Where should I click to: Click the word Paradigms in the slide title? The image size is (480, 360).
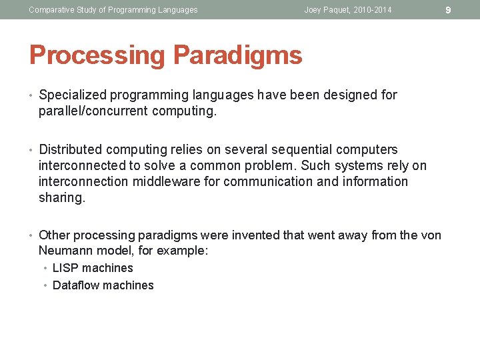tap(238, 55)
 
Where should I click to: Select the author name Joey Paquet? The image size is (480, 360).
tap(327, 10)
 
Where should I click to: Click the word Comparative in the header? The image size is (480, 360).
tap(50, 10)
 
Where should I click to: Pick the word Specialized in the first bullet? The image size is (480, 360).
tap(72, 95)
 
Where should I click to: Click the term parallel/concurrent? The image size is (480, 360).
tap(93, 111)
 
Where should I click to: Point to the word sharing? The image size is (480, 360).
tap(62, 197)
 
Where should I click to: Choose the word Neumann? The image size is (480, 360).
tap(65, 251)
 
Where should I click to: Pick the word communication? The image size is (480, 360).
tap(283, 181)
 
